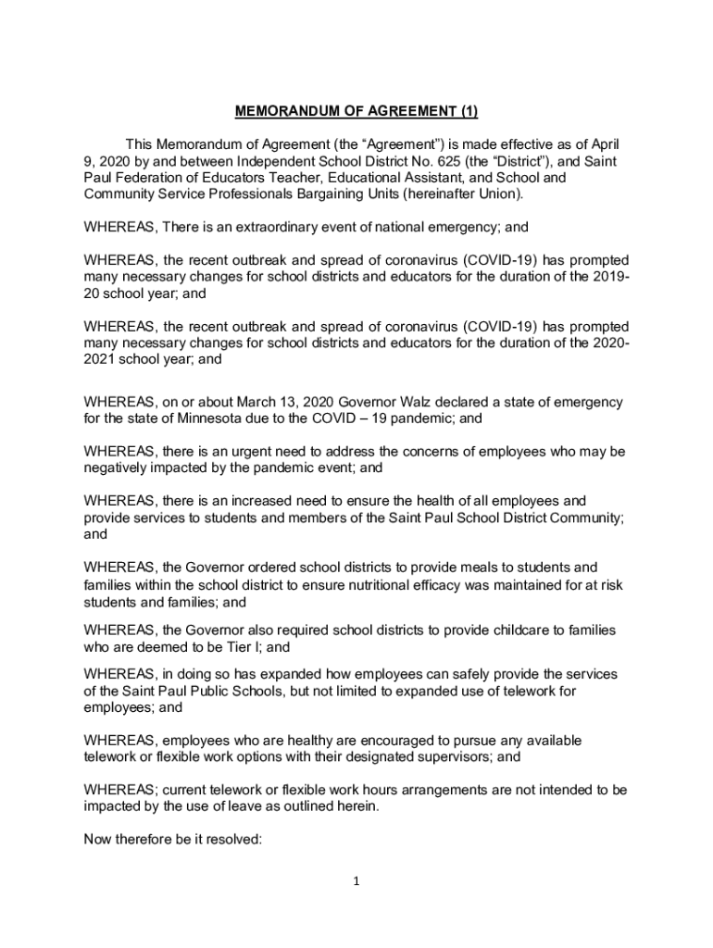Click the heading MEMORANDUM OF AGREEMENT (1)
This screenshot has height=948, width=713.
coord(356,113)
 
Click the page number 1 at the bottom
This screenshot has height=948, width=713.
coord(356,881)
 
